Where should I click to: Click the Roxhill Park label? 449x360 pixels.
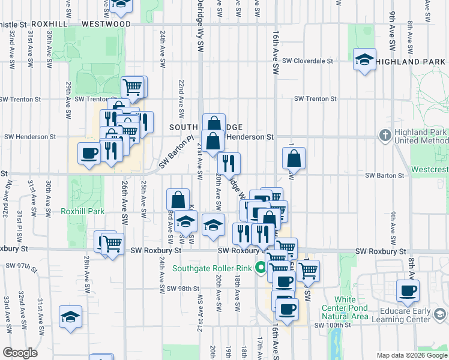(83, 211)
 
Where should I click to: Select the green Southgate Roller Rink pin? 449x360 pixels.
(261, 268)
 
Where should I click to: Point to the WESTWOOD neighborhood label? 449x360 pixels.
(106, 24)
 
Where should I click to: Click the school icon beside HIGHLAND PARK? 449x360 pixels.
(364, 60)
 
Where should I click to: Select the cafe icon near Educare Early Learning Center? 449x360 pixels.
(408, 292)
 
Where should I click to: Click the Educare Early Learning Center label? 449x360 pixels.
(414, 316)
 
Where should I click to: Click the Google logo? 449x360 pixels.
(20, 353)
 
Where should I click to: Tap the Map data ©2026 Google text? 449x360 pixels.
(412, 355)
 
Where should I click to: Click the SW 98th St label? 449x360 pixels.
(182, 289)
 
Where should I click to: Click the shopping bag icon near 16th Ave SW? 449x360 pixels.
(294, 159)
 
